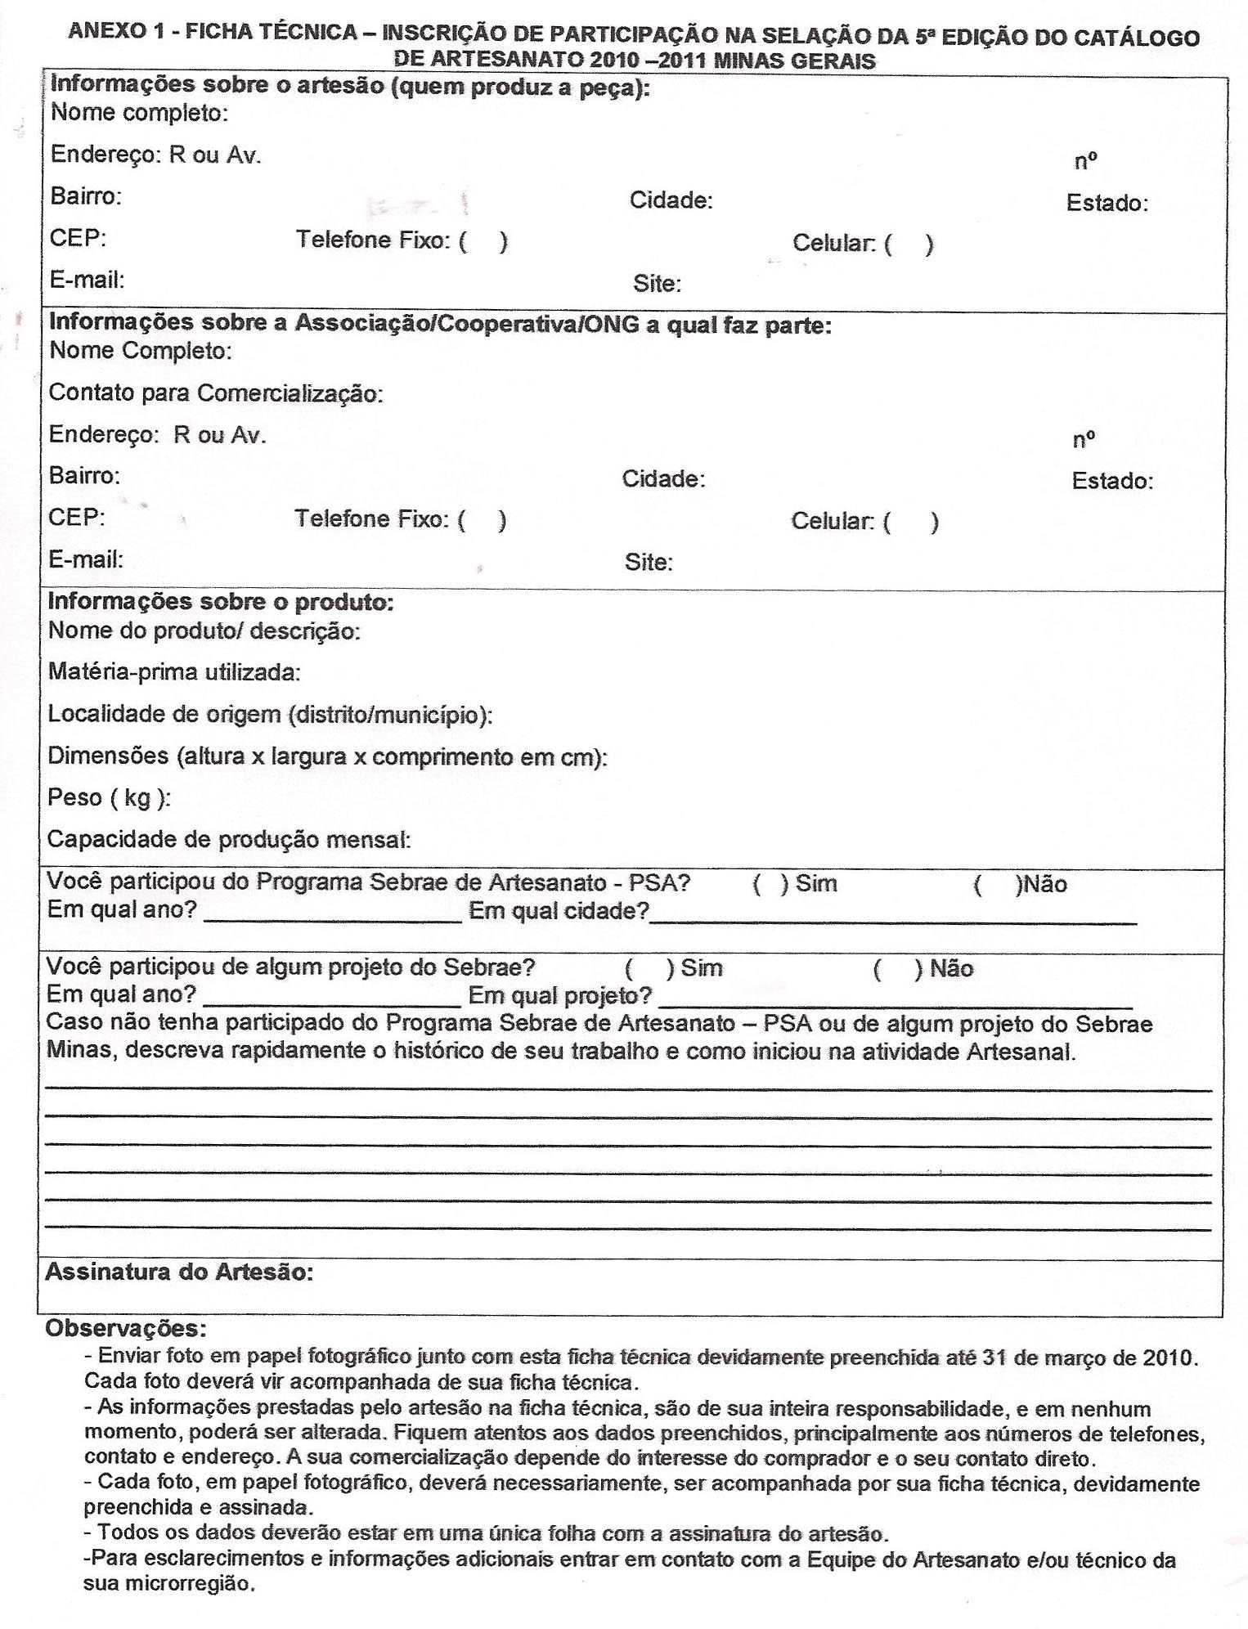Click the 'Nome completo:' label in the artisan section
tap(139, 113)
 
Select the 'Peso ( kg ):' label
tap(109, 798)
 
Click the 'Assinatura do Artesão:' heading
tap(179, 1272)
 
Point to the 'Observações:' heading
tap(126, 1328)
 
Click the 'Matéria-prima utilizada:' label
tap(174, 672)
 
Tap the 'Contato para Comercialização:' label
tap(216, 393)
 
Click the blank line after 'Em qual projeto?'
tap(895, 1003)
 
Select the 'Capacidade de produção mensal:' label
tap(229, 840)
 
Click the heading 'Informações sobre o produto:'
tap(221, 602)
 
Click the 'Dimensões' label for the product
tap(108, 756)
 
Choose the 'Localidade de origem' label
tap(164, 715)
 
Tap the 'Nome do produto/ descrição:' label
tap(204, 631)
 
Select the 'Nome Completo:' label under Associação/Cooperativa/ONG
tap(141, 351)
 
